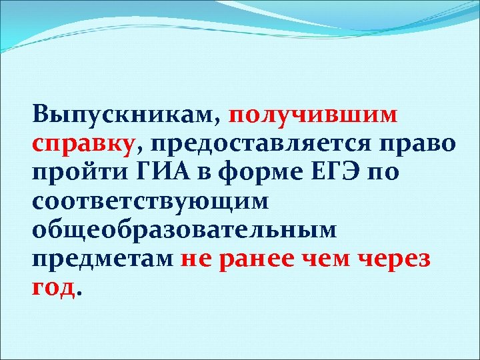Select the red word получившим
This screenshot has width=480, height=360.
[313, 114]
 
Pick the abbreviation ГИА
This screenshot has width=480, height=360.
[154, 171]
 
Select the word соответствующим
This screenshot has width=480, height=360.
[150, 200]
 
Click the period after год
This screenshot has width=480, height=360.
[81, 293]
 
